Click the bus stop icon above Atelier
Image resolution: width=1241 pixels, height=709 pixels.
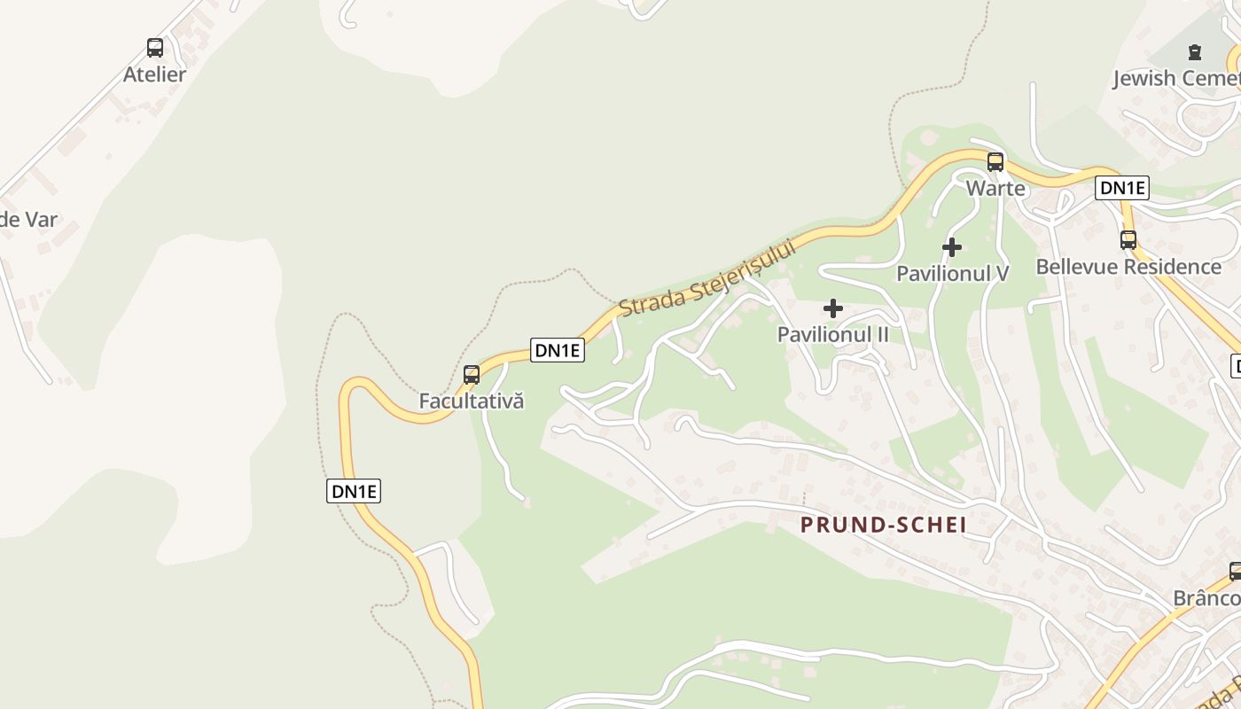[x=155, y=48]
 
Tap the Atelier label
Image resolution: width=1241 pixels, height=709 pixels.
[x=155, y=74]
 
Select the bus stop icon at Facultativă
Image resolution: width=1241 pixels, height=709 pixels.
[x=472, y=375]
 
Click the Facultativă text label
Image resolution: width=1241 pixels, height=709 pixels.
[x=472, y=401]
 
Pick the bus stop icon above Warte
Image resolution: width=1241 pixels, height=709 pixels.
[x=995, y=162]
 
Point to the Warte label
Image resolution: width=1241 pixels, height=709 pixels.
[x=995, y=188]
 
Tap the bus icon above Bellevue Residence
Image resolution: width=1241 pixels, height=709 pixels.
[x=1128, y=240]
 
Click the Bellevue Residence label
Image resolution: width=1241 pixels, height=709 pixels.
[x=1128, y=267]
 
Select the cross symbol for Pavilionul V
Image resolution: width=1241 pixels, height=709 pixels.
[x=952, y=247]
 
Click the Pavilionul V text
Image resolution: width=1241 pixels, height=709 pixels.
[x=952, y=273]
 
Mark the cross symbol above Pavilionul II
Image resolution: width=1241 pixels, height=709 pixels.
[x=833, y=308]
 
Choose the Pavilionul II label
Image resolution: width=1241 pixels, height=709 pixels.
[x=833, y=335]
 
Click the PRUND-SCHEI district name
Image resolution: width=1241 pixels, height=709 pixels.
[x=883, y=525]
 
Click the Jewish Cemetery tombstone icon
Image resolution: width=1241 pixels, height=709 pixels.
[x=1194, y=52]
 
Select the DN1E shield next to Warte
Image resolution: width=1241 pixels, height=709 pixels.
[x=1122, y=188]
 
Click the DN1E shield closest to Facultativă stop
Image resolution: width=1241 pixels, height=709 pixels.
[x=558, y=350]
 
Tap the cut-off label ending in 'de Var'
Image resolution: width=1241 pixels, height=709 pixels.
[x=28, y=220]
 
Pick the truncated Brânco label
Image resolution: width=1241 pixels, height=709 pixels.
[x=1206, y=598]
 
